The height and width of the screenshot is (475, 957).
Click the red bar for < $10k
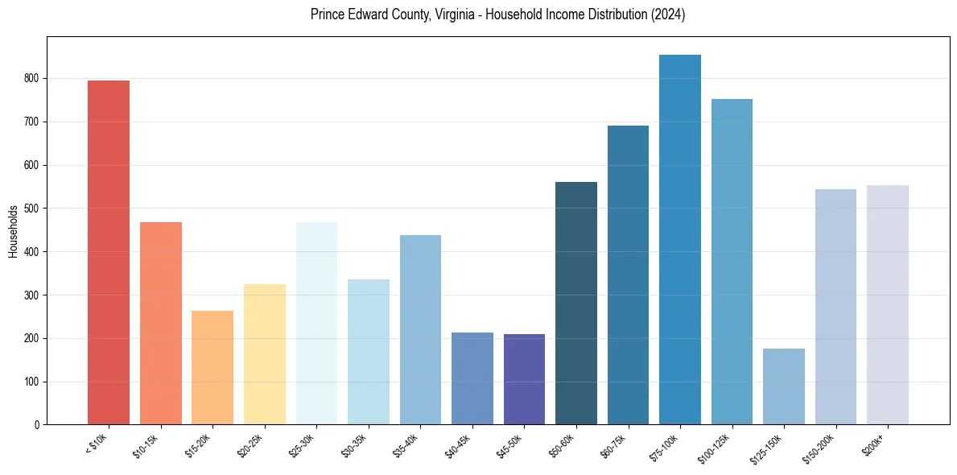109,252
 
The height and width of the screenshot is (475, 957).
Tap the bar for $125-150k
784,386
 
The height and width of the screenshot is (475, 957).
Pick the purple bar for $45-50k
524,379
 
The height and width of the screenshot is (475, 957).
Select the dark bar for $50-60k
576,303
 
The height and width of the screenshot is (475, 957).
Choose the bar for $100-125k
732,262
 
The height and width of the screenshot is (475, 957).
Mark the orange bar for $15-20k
212,367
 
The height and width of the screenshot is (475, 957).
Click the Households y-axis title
14,231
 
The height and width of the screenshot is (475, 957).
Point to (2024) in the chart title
668,15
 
